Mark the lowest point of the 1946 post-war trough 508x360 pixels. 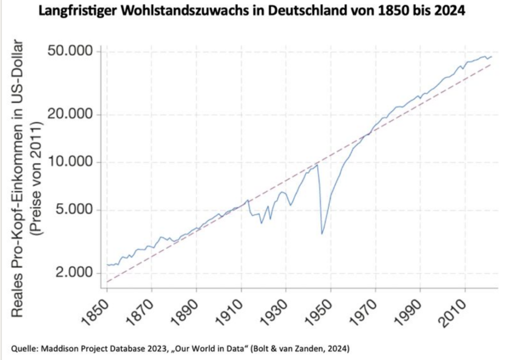[322, 234]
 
